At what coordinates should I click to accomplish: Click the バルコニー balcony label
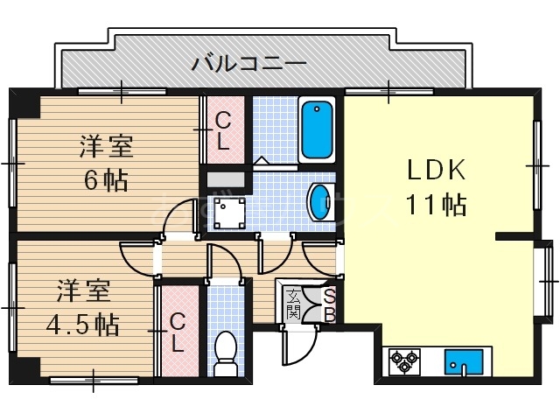[x=248, y=63]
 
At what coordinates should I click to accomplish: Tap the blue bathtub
[x=316, y=130]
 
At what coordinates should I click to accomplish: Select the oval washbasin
[x=319, y=202]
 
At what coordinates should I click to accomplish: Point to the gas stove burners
[x=405, y=360]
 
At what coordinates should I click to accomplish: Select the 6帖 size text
[x=106, y=180]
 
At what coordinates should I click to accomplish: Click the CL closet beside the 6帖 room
[x=223, y=130]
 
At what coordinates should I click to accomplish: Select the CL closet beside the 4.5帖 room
[x=178, y=331]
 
